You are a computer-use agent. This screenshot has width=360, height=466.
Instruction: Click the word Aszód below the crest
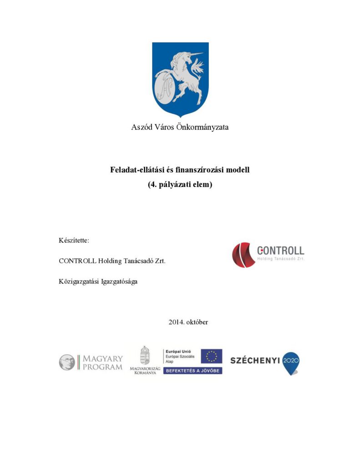[142, 127]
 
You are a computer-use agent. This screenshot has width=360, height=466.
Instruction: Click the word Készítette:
[74, 240]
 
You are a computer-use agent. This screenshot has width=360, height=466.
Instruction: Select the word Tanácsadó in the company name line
[139, 261]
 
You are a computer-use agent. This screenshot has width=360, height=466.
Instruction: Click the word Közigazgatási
[79, 281]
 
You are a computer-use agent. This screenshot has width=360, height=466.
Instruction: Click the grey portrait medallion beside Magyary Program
[66, 362]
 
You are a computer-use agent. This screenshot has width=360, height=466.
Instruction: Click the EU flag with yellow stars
[212, 356]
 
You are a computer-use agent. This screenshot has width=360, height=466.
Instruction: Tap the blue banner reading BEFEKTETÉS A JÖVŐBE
[193, 371]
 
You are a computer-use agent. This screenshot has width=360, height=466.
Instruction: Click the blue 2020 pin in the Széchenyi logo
[291, 362]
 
